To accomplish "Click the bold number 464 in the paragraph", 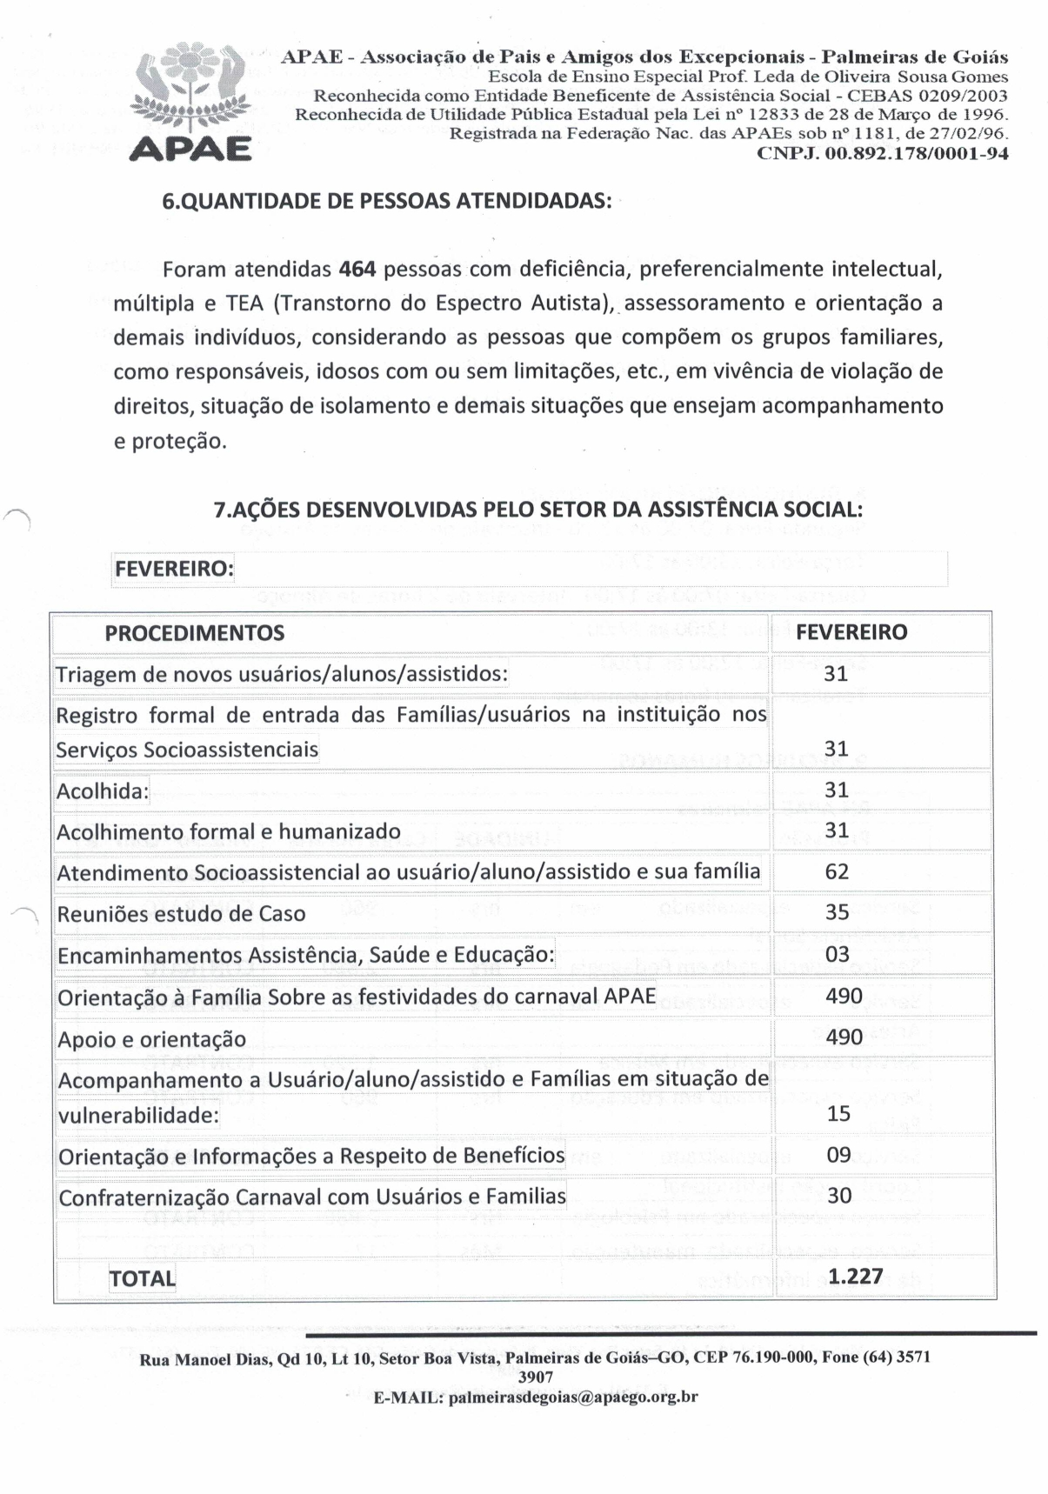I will pos(357,269).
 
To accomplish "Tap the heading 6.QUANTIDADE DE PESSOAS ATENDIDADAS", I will pos(387,201).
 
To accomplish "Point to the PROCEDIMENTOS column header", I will pos(194,633).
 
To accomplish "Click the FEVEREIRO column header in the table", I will pos(851,632).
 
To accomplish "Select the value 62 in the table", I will pos(837,871).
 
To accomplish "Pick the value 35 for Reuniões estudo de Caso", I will pos(837,913).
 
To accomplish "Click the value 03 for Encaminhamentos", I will pos(837,954).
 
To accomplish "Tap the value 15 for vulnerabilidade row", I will pos(838,1114).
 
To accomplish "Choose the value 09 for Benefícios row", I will pos(838,1156).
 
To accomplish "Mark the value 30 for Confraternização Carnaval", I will pos(839,1196).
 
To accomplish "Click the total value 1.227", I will pos(856,1277).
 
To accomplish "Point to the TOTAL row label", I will pos(142,1278).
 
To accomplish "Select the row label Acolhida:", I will pos(103,791).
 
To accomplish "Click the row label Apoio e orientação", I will pos(151,1039).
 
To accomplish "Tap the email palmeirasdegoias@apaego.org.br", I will pos(571,1397).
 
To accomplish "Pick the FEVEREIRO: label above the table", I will pos(174,569).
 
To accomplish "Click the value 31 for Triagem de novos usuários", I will pos(836,673).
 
